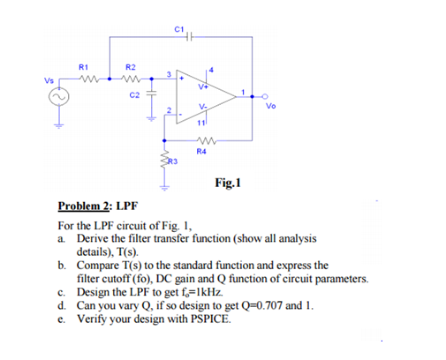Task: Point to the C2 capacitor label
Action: [x=134, y=94]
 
